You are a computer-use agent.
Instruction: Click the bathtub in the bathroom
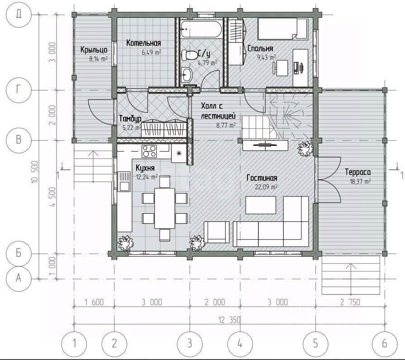pos(201,29)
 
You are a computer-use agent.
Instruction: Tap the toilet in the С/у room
pos(189,55)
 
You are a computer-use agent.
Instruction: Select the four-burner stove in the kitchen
pos(149,151)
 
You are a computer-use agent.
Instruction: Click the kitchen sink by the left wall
pos(124,181)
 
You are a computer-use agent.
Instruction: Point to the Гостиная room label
pos(262,178)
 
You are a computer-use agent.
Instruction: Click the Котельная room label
pos(143,43)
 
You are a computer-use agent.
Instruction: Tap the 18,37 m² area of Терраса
pos(360,182)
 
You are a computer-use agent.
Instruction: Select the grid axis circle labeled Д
pos(19,14)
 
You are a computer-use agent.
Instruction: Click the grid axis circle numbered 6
pos(384,344)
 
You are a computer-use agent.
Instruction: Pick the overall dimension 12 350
pos(229,320)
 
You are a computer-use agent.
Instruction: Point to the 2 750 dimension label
pos(350,302)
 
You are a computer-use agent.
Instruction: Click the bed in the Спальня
pos(283,29)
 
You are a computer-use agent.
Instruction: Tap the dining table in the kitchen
pos(165,208)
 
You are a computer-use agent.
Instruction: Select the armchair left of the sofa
pos(216,232)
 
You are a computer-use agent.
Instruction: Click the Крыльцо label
pos(94,50)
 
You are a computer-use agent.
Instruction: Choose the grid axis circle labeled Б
pos(19,253)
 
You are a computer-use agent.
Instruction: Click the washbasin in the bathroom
pos(186,74)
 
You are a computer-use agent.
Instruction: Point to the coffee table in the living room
pos(261,205)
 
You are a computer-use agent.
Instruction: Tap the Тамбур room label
pos(130,119)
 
